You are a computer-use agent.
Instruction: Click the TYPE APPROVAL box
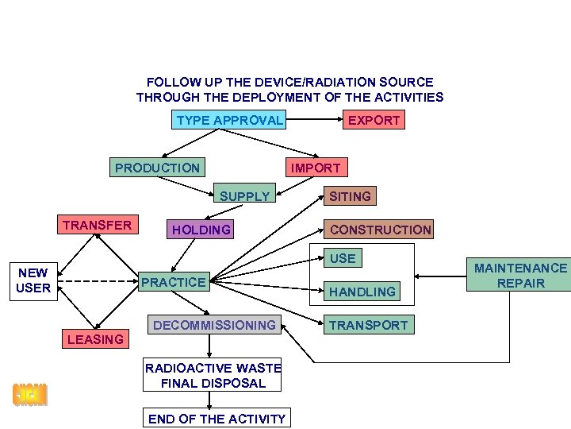coord(229,121)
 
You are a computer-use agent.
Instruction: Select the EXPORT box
coord(374,121)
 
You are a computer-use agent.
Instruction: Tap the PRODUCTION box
coord(157,168)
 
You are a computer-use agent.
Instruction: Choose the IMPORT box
coord(315,168)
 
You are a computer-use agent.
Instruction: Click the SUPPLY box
coord(244,196)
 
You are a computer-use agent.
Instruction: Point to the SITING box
coord(350,196)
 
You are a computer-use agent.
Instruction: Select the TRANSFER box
coord(97,225)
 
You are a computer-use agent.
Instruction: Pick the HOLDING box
coord(201,230)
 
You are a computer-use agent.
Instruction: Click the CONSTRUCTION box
coord(380,230)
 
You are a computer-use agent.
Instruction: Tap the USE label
coord(343,258)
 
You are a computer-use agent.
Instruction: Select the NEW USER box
coord(33,280)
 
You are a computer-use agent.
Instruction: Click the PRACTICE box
coord(173,282)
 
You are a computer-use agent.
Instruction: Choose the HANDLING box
coord(362,292)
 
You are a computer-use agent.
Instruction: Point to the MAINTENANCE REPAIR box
coord(520,276)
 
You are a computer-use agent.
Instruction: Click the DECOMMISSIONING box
coord(214,325)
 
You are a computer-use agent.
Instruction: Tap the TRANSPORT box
coord(368,325)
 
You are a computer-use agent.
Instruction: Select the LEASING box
coord(95,339)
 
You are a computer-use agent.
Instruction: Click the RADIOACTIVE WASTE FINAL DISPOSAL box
coord(213,375)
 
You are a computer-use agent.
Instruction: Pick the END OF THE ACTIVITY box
coord(217,419)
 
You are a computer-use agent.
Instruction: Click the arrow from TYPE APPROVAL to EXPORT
coord(313,121)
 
